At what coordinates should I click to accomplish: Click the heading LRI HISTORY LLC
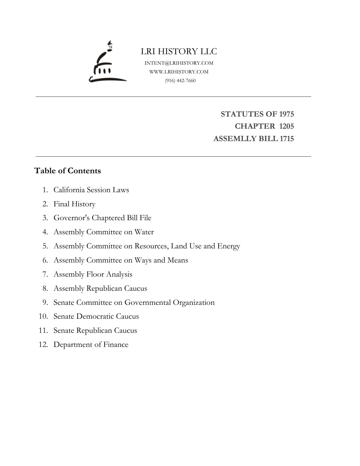click(179, 51)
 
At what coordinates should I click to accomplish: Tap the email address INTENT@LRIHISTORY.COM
click(179, 63)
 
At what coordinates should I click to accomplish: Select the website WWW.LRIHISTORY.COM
click(179, 72)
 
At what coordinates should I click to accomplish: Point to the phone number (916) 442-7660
click(180, 80)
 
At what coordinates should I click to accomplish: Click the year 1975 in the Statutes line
click(286, 114)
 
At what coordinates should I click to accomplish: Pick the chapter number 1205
click(286, 126)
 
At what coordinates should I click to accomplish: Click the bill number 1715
click(287, 139)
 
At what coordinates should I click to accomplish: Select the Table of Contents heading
click(67, 171)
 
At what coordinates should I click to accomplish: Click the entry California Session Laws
click(91, 190)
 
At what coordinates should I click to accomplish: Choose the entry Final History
click(74, 204)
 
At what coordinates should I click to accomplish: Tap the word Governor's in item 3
click(72, 218)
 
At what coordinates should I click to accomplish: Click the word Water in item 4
click(144, 232)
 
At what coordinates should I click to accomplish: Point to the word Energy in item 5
click(229, 246)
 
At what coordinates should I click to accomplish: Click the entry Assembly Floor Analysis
click(93, 274)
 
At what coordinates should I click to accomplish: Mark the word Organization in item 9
click(194, 302)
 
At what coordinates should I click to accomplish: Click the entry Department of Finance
click(91, 344)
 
